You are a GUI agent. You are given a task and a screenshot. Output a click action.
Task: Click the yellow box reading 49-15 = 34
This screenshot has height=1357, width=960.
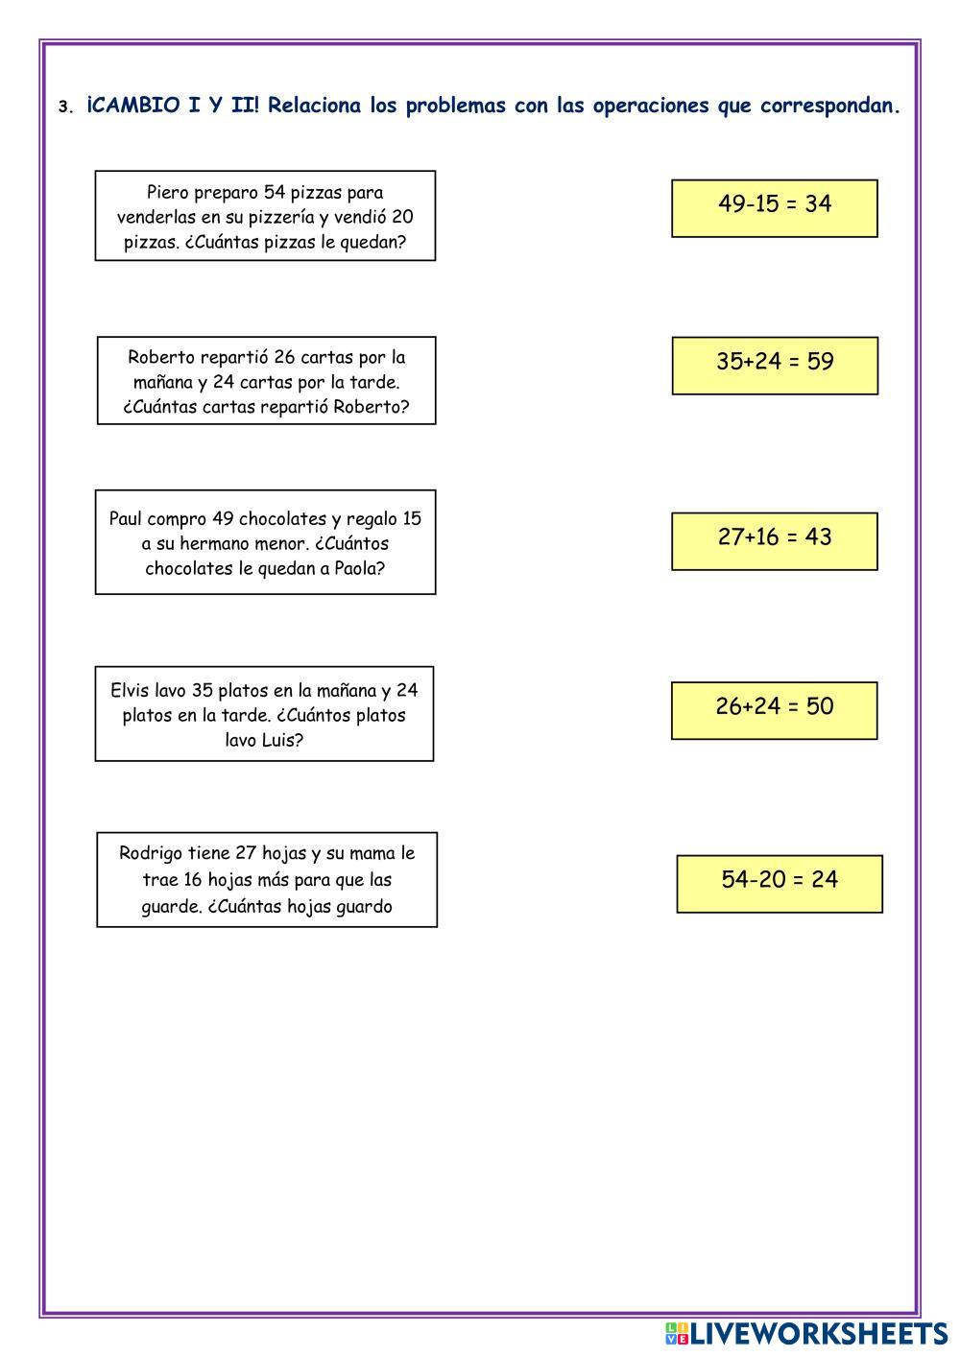pos(774,207)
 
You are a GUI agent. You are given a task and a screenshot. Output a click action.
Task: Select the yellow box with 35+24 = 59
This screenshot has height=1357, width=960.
pos(774,365)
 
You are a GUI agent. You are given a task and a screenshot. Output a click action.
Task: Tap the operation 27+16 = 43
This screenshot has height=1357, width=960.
pos(774,540)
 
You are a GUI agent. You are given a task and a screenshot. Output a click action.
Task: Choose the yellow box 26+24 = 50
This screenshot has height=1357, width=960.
pos(774,710)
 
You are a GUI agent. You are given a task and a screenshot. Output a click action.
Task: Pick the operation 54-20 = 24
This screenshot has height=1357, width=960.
pos(779,883)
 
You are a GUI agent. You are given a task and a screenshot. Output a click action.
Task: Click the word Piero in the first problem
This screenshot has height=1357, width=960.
pos(167,193)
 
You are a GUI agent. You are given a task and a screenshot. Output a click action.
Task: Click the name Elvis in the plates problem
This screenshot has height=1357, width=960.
pos(130,691)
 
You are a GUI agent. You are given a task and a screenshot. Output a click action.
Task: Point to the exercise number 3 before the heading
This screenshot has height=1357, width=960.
pos(63,107)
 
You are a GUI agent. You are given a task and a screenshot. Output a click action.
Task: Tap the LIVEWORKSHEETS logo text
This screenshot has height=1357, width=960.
pos(818,1333)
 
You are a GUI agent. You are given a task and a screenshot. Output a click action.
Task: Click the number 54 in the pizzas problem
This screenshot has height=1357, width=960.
pos(275,193)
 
